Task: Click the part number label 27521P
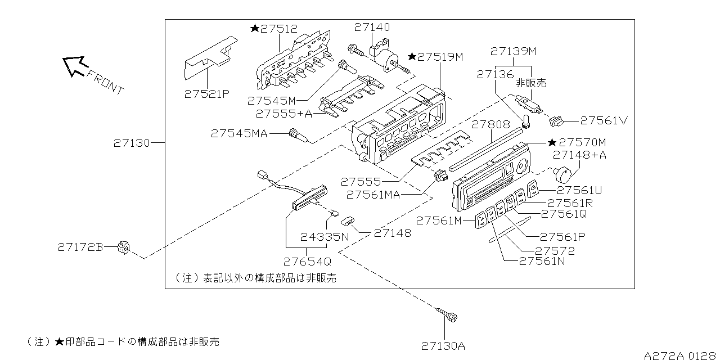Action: click(207, 94)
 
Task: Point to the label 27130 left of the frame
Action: click(132, 143)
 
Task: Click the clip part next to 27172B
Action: click(124, 247)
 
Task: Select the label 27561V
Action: click(604, 120)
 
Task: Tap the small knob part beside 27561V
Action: click(556, 120)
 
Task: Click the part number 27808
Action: click(490, 125)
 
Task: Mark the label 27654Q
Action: click(307, 261)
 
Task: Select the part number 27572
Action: click(555, 250)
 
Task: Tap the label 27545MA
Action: click(240, 133)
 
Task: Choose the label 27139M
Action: click(514, 51)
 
